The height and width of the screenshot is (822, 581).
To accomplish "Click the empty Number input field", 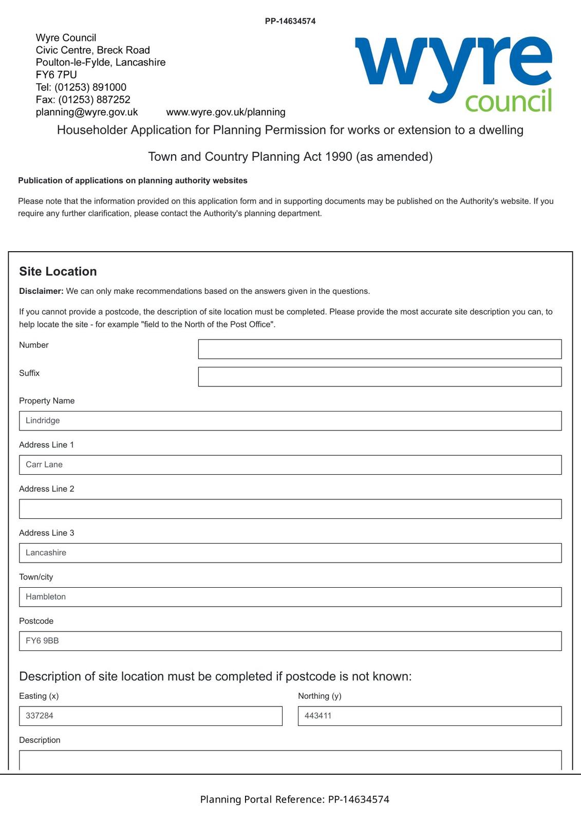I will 380,349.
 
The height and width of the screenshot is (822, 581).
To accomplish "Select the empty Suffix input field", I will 380,377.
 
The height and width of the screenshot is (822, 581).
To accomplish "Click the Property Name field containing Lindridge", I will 290,421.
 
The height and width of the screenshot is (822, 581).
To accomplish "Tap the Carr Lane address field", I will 290,465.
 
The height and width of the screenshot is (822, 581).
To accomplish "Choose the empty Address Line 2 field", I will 290,509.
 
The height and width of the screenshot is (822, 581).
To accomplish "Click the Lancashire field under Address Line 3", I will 290,553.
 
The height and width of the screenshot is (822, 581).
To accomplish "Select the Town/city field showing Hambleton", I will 290,597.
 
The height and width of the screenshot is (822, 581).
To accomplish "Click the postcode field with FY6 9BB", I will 290,641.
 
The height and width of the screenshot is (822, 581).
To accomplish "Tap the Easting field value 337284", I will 151,716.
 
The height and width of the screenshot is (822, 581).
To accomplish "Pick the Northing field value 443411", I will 429,716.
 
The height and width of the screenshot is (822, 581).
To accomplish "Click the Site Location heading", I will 58,271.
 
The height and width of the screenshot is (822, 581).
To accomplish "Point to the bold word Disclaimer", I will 41,291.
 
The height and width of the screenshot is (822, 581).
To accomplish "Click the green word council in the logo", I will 508,101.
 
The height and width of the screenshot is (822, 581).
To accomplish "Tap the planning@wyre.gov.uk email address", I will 87,112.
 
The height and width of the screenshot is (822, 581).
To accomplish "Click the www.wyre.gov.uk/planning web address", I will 226,112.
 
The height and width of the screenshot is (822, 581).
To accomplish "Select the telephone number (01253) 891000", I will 90,87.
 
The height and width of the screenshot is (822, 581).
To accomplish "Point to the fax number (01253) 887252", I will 94,100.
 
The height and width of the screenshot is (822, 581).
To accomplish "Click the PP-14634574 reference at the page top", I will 290,21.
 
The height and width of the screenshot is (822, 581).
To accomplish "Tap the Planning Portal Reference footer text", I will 294,799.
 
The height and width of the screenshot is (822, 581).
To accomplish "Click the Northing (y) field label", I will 320,696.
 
